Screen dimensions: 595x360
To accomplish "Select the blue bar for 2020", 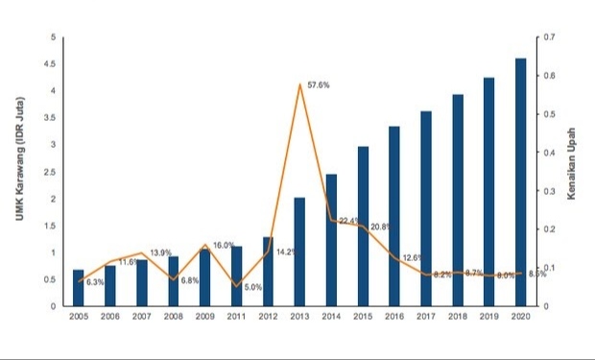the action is coord(520,182).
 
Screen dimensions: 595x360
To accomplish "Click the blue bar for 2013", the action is coord(299,252).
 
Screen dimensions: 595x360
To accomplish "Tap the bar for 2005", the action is coord(78,288).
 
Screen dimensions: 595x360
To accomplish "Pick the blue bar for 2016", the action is coord(394,216).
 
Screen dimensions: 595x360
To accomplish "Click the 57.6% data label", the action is coord(319,85).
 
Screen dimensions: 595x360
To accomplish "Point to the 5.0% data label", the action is coord(253,287).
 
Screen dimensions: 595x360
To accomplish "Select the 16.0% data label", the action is coord(224,246).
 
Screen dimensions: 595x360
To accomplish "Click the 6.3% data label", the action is coord(95,282).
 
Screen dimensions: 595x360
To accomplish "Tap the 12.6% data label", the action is coord(413,258).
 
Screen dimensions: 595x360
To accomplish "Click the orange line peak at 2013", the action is coord(299,84).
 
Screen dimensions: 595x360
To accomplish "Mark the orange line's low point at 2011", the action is coord(236,286).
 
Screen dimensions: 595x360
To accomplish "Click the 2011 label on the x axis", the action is coord(236,317).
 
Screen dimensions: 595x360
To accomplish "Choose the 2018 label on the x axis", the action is coord(458,317).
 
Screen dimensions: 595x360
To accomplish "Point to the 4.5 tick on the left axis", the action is coord(50,64).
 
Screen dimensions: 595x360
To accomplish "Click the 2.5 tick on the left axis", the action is coord(50,172).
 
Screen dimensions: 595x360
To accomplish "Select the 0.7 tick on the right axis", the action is coord(549,37).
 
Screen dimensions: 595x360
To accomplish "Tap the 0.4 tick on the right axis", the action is coord(549,153).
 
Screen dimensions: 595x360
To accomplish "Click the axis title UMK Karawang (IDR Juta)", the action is coord(20,158).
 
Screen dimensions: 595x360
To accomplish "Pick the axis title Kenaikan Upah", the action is coord(571,163).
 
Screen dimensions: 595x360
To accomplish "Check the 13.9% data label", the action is coord(161,252).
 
